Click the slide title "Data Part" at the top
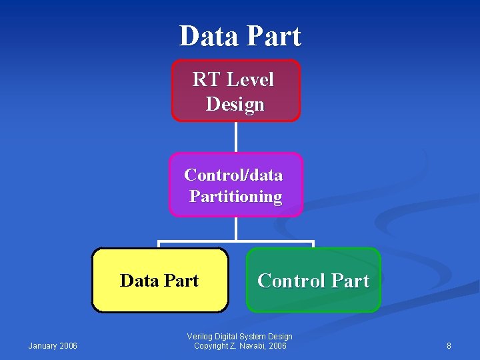pyautogui.click(x=240, y=36)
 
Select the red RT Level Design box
pyautogui.click(x=235, y=91)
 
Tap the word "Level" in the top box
pyautogui.click(x=250, y=80)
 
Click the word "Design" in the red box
pyautogui.click(x=235, y=105)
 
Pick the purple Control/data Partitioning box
pyautogui.click(x=235, y=185)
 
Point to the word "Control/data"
pyautogui.click(x=233, y=175)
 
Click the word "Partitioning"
pyautogui.click(x=235, y=197)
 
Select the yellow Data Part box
pyautogui.click(x=159, y=280)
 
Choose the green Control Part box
pyautogui.click(x=313, y=280)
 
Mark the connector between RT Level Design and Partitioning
pyautogui.click(x=235, y=137)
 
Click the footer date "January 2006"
pyautogui.click(x=53, y=345)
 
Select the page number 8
pyautogui.click(x=449, y=345)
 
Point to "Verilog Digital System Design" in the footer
pyautogui.click(x=240, y=337)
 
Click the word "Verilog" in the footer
pyautogui.click(x=201, y=337)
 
